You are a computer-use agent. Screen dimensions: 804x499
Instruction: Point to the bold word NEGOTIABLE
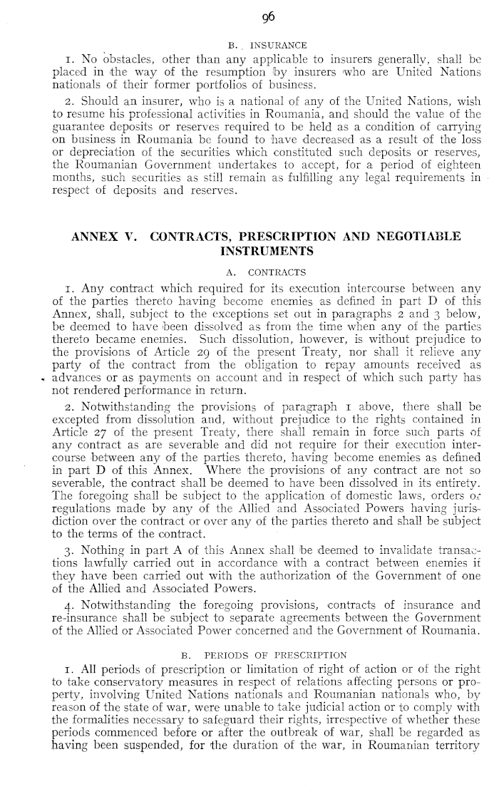[407, 237]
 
